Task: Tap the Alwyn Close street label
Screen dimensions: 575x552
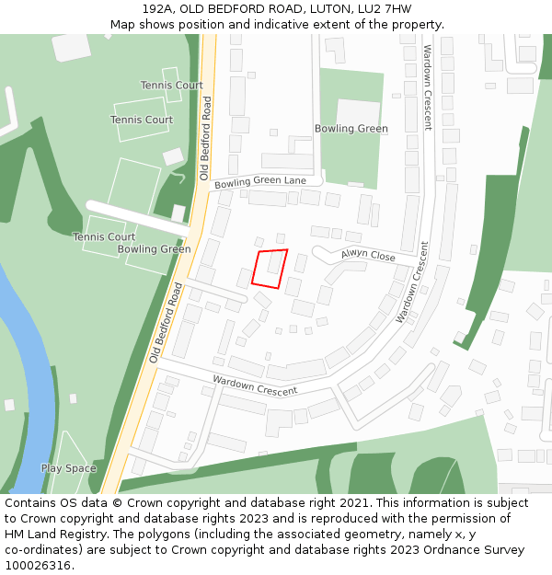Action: tap(368, 254)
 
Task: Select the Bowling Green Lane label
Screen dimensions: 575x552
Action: tap(260, 182)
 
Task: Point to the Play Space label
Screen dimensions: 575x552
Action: tap(68, 468)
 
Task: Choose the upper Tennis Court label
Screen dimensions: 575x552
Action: tap(171, 86)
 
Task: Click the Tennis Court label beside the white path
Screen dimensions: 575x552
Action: tap(104, 236)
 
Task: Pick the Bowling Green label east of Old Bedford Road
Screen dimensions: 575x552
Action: tap(351, 129)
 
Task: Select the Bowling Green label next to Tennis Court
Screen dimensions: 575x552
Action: tap(155, 249)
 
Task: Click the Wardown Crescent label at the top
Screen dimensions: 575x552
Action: tap(427, 87)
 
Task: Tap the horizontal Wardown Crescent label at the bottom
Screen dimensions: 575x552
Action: tap(255, 385)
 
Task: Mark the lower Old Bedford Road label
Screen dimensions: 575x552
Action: tap(166, 322)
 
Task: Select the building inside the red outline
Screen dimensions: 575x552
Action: tap(274, 264)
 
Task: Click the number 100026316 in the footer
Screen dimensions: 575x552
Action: tap(38, 566)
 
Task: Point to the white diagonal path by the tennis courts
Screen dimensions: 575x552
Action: tap(138, 215)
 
